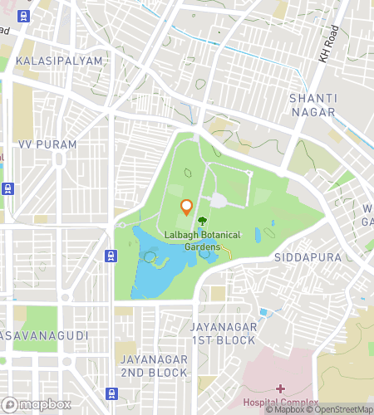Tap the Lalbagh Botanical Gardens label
tap(203, 241)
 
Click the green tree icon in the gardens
tap(202, 222)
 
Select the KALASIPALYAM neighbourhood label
tap(58, 61)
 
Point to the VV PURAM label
tap(47, 144)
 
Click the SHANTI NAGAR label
tap(312, 105)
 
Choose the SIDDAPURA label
tap(308, 258)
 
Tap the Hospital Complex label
tap(280, 403)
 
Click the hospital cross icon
tap(280, 388)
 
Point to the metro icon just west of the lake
tap(110, 255)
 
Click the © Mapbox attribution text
tap(284, 409)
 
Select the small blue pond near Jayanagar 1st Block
tap(263, 312)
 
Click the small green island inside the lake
tap(150, 258)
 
